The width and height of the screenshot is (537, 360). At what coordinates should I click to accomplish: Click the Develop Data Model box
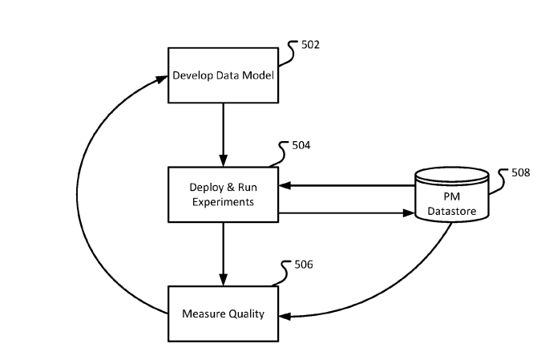coord(222,75)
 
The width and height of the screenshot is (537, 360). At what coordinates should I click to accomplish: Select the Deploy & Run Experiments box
coord(222,194)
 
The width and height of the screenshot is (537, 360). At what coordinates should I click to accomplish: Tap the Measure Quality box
coord(222,313)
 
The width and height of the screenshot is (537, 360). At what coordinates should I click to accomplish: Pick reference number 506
coord(302,265)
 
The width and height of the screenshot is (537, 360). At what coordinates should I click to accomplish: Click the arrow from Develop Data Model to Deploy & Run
coord(222,135)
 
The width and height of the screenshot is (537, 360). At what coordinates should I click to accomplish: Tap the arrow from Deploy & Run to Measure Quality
coord(222,254)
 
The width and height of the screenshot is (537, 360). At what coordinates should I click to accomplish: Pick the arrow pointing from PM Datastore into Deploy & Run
coord(345,185)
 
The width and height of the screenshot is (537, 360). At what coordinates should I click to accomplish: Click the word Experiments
coord(222,202)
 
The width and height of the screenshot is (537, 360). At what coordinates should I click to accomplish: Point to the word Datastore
coord(452,211)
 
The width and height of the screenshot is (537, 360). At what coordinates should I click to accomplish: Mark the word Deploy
coord(205,188)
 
